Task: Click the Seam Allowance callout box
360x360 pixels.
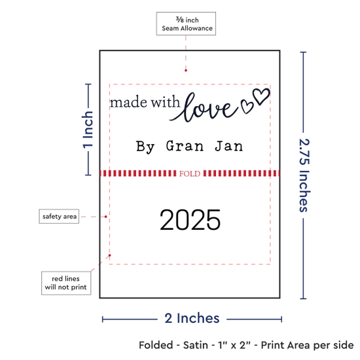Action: click(x=186, y=24)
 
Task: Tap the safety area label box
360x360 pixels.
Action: click(x=59, y=216)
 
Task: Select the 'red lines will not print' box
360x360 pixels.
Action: click(x=66, y=283)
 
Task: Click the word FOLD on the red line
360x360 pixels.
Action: click(x=190, y=173)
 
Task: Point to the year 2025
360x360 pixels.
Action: click(x=190, y=220)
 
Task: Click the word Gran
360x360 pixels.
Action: click(x=185, y=146)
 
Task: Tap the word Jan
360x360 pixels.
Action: click(x=229, y=146)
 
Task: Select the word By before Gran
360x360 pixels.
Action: click(x=145, y=147)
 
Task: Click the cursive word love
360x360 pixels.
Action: click(x=204, y=107)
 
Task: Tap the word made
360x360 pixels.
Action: click(x=128, y=102)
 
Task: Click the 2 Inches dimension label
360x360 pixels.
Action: click(x=192, y=318)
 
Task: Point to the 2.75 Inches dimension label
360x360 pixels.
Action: click(x=304, y=175)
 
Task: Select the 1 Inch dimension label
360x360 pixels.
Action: click(x=88, y=130)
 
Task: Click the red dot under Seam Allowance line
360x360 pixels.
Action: click(x=186, y=71)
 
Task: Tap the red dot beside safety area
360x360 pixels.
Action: click(x=106, y=217)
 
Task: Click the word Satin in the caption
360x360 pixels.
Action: click(x=196, y=345)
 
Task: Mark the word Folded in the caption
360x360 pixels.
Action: click(x=156, y=345)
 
